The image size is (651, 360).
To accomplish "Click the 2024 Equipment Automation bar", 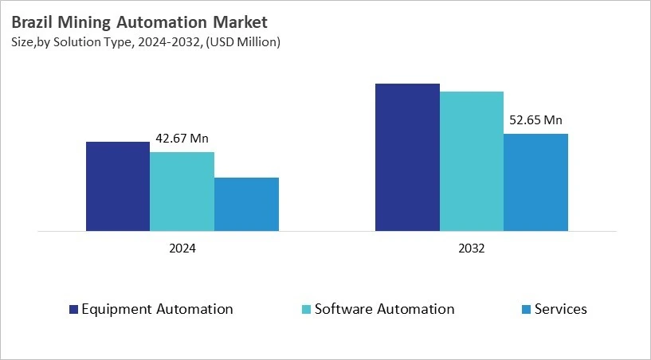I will (x=118, y=186).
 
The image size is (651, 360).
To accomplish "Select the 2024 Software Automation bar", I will (x=182, y=191).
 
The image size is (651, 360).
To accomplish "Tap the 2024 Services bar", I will (x=246, y=204).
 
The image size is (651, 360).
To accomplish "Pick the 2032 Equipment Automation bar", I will (x=407, y=157).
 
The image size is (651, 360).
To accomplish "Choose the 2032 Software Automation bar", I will (x=472, y=161).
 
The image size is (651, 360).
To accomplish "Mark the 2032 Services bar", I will (x=535, y=182).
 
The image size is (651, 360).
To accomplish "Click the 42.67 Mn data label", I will (x=182, y=139).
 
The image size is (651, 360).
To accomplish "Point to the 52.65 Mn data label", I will (x=535, y=120).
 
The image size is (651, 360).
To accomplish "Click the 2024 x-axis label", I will (x=182, y=248).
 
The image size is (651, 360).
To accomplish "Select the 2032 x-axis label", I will (x=472, y=248).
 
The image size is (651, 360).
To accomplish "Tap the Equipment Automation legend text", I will (x=158, y=309).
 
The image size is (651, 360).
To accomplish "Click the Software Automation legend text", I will (x=384, y=309).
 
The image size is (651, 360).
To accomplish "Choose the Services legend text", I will (x=560, y=309).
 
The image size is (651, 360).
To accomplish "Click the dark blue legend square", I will (x=74, y=310).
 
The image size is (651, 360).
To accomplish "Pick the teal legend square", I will (x=307, y=310).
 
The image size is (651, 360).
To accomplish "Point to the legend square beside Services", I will (x=524, y=310).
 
